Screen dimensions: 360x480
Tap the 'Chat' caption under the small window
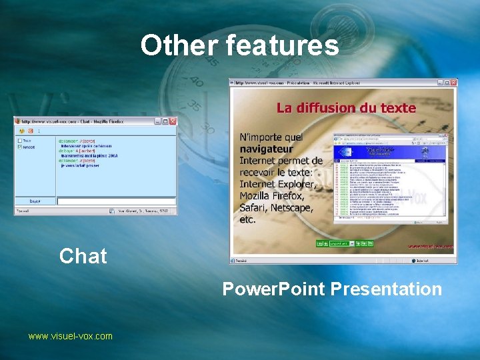pyautogui.click(x=83, y=256)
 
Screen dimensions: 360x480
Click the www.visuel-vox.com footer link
pyautogui.click(x=70, y=336)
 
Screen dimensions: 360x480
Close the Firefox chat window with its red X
pyautogui.click(x=173, y=121)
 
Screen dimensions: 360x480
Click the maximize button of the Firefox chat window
pyautogui.click(x=165, y=121)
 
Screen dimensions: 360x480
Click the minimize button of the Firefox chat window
pyautogui.click(x=158, y=121)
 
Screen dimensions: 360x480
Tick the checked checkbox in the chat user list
pyautogui.click(x=19, y=147)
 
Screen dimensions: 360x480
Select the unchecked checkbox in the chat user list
pyautogui.click(x=19, y=141)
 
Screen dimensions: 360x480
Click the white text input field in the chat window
pyautogui.click(x=116, y=201)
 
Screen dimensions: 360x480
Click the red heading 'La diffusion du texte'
pyautogui.click(x=346, y=107)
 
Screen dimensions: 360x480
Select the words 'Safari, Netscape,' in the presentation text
pyautogui.click(x=281, y=207)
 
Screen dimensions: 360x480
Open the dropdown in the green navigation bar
pyautogui.click(x=341, y=243)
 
